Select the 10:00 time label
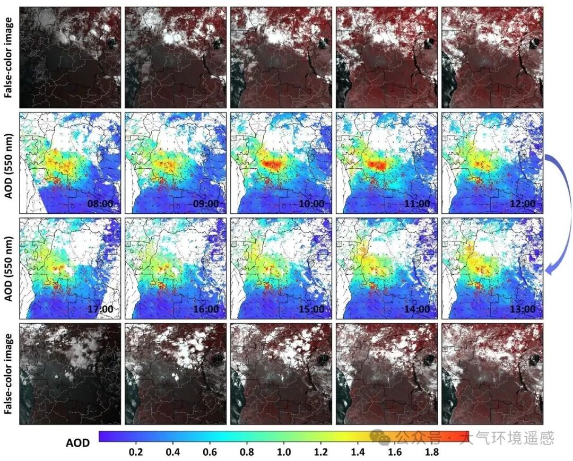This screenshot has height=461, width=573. [311, 204]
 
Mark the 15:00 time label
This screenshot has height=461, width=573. [311, 309]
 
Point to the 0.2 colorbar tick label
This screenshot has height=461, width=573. [136, 453]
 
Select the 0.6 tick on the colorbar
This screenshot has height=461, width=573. [210, 453]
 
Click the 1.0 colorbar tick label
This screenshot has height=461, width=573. [284, 453]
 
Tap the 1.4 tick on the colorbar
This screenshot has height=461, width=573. [358, 453]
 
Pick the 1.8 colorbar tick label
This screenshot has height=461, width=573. [432, 453]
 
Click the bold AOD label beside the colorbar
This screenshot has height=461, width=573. [77, 442]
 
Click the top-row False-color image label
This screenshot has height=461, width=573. [8, 57]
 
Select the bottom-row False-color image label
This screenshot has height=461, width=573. [8, 374]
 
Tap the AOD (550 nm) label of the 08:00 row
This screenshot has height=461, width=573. [8, 163]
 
